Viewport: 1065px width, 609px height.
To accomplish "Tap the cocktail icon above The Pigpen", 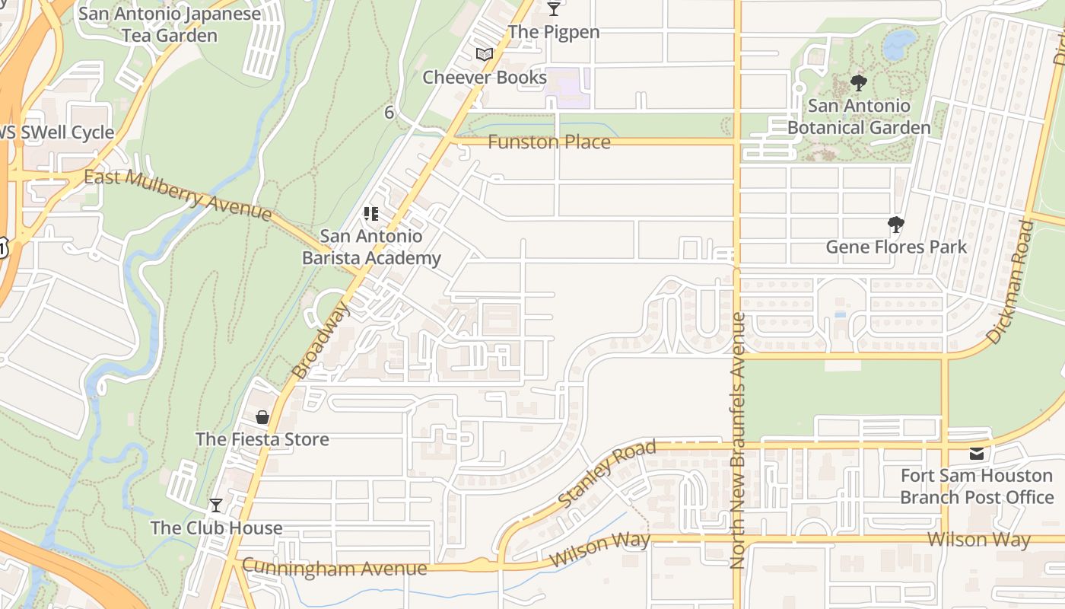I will (554, 9).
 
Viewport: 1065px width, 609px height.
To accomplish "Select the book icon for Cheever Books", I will (484, 54).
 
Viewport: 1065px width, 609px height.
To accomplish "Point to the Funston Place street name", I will (548, 142).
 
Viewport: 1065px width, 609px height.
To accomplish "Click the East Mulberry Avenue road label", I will (177, 195).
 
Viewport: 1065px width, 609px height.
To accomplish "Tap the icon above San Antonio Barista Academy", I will (371, 214).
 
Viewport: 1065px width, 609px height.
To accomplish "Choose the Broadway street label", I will (321, 340).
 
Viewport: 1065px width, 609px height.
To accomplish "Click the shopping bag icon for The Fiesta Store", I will (262, 417).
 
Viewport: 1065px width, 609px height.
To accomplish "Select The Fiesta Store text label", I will (262, 439).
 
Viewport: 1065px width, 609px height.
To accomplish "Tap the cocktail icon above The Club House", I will (216, 505).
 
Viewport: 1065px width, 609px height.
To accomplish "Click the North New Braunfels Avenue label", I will (736, 440).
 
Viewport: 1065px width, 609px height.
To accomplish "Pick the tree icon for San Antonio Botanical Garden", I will (859, 83).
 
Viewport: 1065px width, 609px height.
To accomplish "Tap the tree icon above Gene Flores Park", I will (896, 225).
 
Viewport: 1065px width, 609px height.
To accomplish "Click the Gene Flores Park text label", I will (896, 247).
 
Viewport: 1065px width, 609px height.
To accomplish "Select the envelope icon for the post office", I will (977, 454).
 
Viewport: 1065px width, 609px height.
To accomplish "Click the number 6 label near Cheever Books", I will (389, 113).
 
